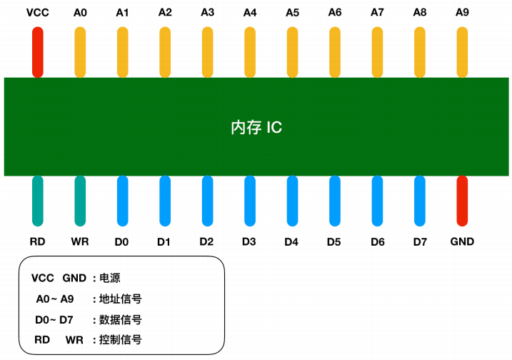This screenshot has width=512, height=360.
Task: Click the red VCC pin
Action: (x=38, y=53)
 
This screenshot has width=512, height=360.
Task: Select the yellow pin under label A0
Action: (x=81, y=53)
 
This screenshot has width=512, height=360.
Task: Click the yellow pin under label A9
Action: (x=462, y=53)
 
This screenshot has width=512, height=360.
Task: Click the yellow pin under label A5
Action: (x=292, y=53)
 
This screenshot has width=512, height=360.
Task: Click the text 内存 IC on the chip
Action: (x=256, y=128)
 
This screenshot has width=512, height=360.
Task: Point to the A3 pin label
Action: (x=208, y=12)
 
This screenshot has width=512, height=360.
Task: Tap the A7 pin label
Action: (x=378, y=12)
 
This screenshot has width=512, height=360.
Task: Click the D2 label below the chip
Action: (x=206, y=242)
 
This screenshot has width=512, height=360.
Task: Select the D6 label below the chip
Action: (x=378, y=242)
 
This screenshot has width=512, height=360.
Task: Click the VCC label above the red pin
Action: (x=38, y=12)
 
